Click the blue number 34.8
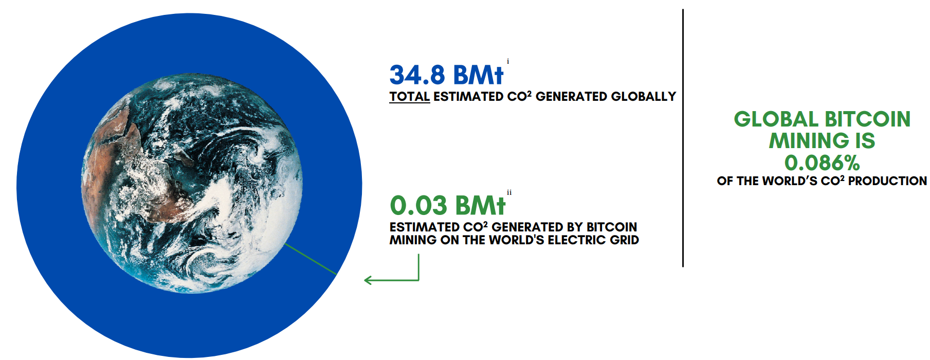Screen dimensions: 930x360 417,75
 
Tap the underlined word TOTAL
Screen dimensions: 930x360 409,97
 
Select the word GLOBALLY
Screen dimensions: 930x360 644,97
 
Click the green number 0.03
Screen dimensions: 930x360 418,206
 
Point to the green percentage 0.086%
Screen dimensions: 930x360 822,163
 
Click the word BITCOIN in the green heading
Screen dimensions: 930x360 868,119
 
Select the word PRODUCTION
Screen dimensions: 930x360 887,181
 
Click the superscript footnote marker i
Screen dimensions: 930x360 508,61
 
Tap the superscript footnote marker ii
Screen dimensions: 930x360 509,193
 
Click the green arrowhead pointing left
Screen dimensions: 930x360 368,280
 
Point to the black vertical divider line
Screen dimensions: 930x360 683,138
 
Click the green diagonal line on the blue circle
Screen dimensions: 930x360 311,259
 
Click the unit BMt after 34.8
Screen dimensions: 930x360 478,75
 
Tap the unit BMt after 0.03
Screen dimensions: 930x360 480,206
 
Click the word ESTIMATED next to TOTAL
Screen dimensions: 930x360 468,97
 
